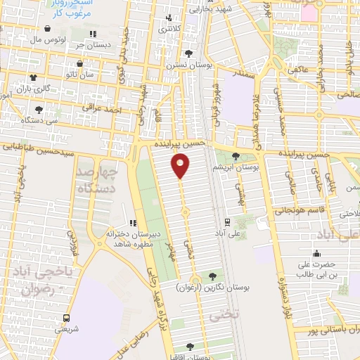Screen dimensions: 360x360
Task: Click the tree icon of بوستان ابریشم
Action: tap(236, 157)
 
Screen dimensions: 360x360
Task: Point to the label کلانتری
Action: tap(169, 29)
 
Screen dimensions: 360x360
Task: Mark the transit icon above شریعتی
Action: tap(67, 318)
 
